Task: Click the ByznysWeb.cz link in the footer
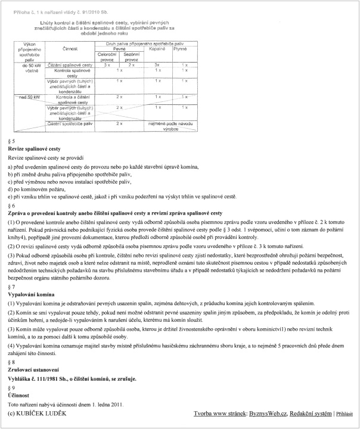click(x=268, y=413)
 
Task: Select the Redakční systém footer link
click(x=313, y=413)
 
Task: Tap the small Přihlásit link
click(x=348, y=414)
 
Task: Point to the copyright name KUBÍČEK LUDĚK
click(x=41, y=413)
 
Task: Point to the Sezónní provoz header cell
click(x=132, y=57)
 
